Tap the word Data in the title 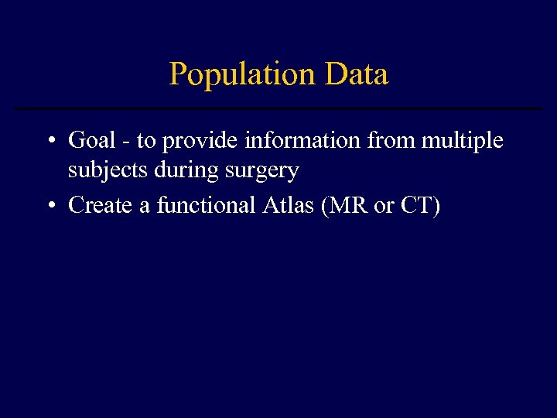[x=357, y=75]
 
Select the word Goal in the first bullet [x=91, y=141]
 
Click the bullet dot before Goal [x=50, y=142]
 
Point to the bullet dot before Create [x=50, y=207]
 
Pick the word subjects [x=108, y=171]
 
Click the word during [x=183, y=171]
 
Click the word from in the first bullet [x=386, y=141]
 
